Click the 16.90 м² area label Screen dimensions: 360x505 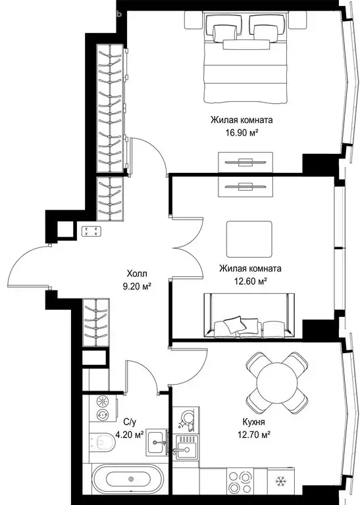(242, 133)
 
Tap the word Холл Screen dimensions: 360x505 (137, 274)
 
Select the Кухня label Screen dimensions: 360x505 (253, 422)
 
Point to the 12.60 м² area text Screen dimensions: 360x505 (250, 281)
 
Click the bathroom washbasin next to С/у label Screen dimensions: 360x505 (157, 443)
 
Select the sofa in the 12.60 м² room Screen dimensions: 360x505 (249, 316)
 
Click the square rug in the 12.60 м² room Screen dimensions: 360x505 (249, 239)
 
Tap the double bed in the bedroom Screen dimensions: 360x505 (245, 57)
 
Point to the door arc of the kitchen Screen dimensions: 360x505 (198, 373)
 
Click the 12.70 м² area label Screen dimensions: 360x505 (254, 435)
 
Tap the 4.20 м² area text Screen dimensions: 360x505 (130, 435)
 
